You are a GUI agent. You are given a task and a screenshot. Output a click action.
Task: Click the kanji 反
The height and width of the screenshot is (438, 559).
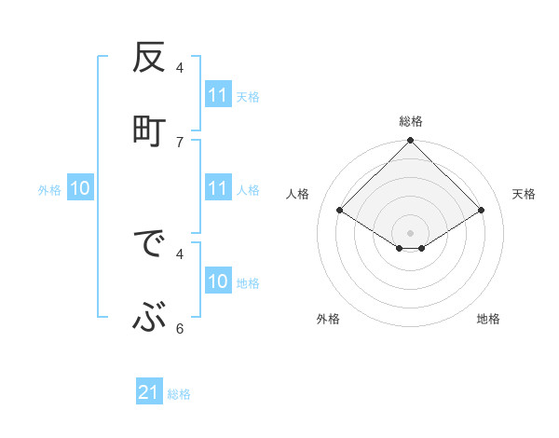149,61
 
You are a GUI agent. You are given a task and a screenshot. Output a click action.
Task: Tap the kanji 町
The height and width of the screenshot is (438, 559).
149,129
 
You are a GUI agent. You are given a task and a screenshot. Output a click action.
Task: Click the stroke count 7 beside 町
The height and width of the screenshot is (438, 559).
180,142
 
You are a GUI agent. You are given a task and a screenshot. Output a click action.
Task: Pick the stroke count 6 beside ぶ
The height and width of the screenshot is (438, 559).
180,328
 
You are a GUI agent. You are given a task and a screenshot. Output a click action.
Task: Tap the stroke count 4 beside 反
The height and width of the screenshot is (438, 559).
180,67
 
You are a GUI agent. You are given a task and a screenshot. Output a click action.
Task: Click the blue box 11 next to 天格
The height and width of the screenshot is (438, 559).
218,95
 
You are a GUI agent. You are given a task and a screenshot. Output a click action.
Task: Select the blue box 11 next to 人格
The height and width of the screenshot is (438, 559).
218,188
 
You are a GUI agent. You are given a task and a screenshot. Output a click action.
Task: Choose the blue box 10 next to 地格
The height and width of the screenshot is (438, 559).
218,281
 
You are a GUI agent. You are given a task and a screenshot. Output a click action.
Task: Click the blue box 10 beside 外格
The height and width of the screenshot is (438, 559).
80,188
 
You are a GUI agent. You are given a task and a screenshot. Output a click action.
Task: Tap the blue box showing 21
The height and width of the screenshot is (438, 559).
149,393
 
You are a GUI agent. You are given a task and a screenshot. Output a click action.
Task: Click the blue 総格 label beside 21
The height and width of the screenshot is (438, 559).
179,394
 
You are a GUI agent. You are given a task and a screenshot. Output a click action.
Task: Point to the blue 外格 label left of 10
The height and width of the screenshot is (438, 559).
49,189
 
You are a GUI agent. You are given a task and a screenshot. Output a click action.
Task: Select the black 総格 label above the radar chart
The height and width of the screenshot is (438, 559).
411,121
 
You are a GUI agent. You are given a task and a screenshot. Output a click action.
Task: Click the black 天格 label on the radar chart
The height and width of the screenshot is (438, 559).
525,194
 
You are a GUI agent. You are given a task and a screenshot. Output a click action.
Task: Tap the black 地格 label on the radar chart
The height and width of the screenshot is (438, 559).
488,319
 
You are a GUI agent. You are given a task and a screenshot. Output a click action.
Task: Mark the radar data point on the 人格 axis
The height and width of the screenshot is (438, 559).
340,210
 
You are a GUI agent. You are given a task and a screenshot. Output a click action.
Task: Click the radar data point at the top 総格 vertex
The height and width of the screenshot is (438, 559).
411,142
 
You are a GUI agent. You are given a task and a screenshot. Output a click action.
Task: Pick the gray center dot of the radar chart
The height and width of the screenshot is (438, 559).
411,232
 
